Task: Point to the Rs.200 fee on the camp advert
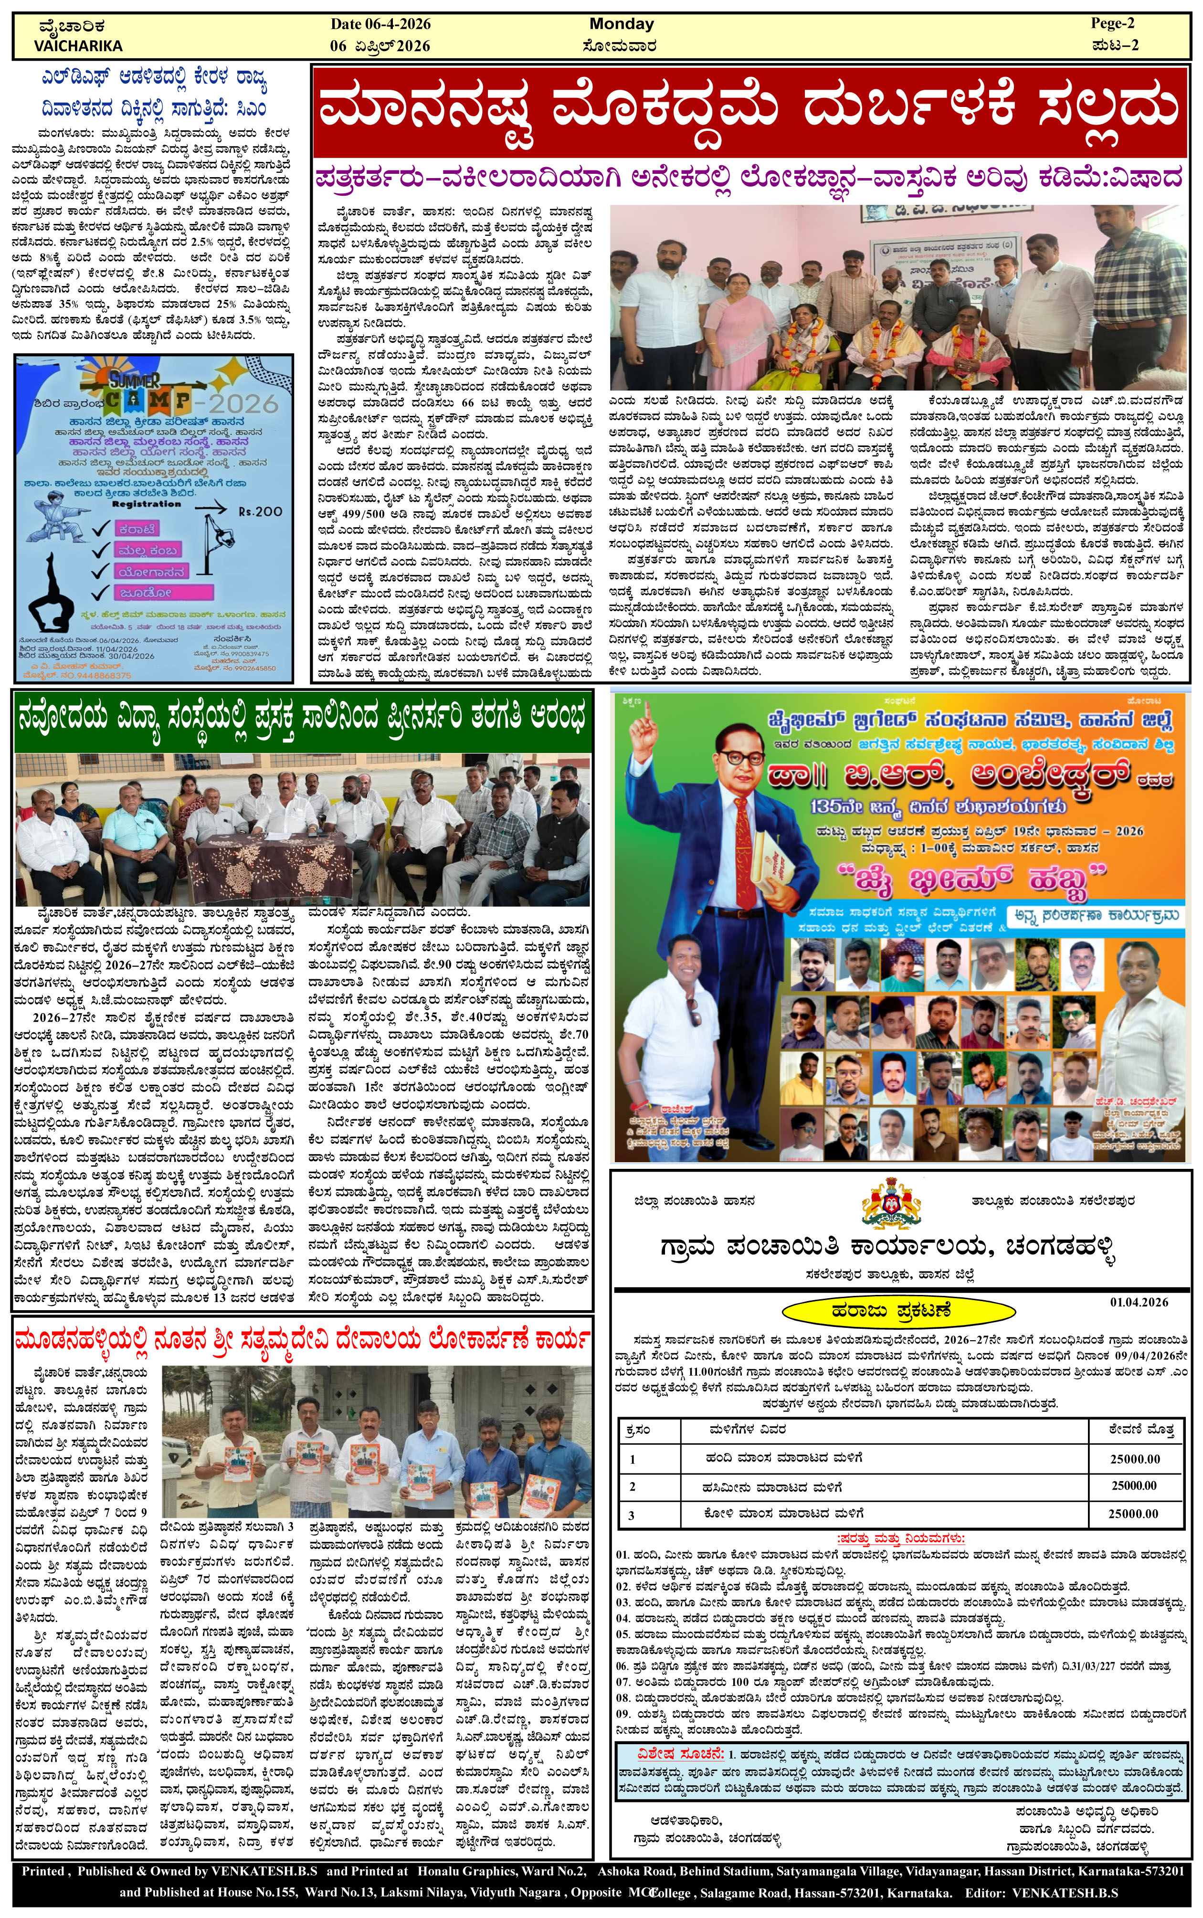[260, 511]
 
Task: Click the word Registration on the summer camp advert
[147, 504]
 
